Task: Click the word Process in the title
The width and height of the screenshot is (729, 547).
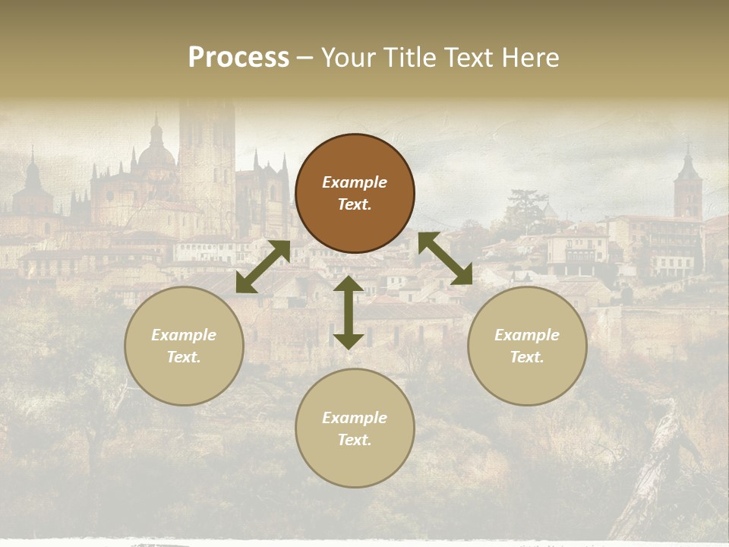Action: (238, 58)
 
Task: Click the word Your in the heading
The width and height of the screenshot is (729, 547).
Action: (348, 58)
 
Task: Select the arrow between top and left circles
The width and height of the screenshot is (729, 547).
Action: (263, 267)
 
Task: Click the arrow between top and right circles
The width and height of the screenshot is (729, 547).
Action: (445, 259)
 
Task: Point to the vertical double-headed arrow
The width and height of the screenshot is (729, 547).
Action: (349, 312)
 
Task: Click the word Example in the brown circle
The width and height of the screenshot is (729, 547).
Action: (355, 182)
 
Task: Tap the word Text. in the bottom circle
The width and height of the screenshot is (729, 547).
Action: (355, 440)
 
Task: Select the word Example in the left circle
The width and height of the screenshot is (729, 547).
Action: (184, 335)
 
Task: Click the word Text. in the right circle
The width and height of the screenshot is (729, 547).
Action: (527, 357)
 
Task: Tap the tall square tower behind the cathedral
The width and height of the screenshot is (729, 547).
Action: (206, 152)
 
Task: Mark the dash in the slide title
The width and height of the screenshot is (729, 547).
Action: (305, 58)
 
